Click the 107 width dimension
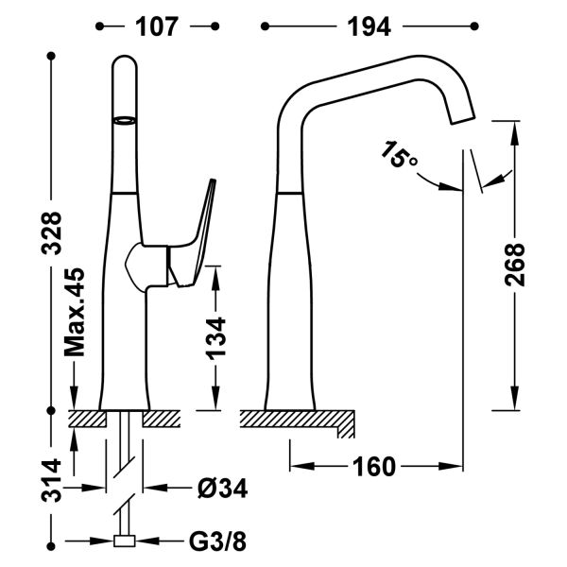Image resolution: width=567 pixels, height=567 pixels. pos(157,26)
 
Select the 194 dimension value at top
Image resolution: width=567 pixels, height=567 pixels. pos(369,26)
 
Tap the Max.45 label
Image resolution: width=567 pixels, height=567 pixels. pos(75,312)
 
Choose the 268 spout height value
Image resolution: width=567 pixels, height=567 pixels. pos(514,269)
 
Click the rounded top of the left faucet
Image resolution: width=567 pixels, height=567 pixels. pos(126,64)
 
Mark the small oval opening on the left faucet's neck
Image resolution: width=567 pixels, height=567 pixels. pos(125,120)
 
